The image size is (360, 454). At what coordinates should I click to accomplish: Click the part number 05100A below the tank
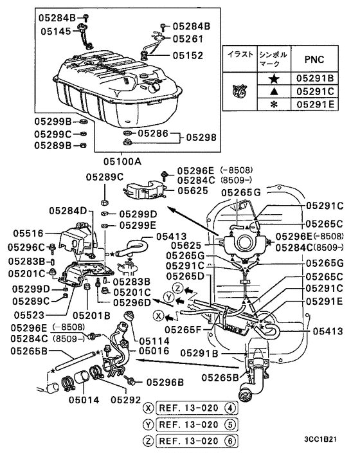[x=122, y=161]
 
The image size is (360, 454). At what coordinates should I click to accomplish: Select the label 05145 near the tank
[x=56, y=32]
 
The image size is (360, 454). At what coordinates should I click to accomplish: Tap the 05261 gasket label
[x=188, y=39]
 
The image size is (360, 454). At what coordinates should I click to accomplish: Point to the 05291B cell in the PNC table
[x=315, y=78]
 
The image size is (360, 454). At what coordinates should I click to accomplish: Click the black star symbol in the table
[x=274, y=78]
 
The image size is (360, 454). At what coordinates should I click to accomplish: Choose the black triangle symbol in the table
[x=274, y=91]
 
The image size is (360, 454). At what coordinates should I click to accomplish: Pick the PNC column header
[x=314, y=59]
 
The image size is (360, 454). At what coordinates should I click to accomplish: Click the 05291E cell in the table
[x=315, y=104]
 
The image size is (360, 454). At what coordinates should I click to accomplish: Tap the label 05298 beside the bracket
[x=201, y=137]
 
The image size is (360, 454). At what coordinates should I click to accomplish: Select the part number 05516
[x=28, y=233]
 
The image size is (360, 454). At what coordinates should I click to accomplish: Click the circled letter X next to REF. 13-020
[x=148, y=408]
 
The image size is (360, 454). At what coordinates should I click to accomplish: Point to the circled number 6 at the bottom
[x=230, y=441]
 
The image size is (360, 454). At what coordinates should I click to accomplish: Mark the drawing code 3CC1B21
[x=320, y=439]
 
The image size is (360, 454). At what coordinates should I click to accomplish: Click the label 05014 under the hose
[x=84, y=400]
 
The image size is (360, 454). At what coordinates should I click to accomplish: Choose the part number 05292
[x=126, y=400]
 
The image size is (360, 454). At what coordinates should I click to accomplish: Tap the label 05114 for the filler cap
[x=154, y=341]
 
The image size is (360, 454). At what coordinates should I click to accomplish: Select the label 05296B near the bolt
[x=165, y=382]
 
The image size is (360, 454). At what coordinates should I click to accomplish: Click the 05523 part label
[x=29, y=315]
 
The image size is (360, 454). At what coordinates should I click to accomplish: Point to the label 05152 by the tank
[x=188, y=55]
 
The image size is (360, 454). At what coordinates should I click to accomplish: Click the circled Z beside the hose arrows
[x=177, y=288]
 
